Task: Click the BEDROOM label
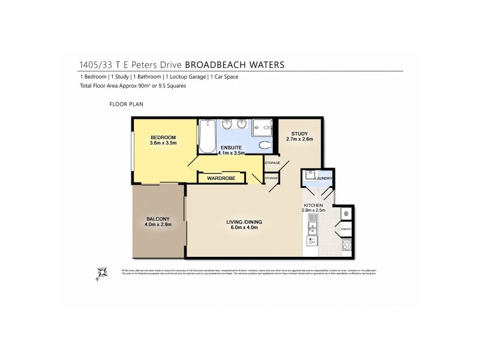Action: [x=163, y=137]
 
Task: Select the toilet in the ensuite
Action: [x=264, y=145]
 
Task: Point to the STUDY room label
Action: [x=299, y=133]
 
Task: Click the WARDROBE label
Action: [x=220, y=178]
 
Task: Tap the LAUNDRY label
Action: [x=324, y=178]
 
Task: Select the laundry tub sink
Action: [x=310, y=175]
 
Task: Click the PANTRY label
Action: [x=346, y=229]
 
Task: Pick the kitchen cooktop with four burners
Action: [x=346, y=244]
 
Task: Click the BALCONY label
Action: [x=157, y=218]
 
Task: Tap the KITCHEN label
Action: [x=313, y=205]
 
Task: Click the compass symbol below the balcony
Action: [x=102, y=273]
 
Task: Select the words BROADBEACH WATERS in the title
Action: [x=235, y=64]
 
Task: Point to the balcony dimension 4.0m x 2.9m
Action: [x=158, y=224]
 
